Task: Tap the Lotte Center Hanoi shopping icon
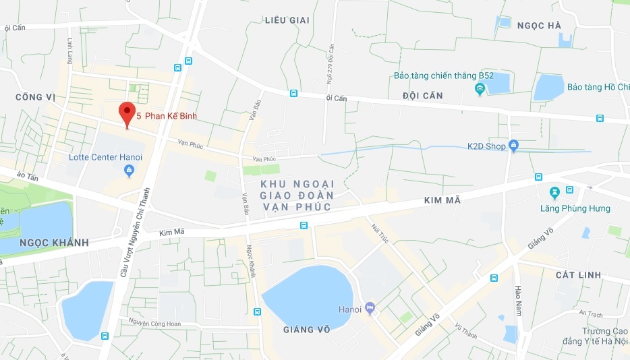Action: [129, 171]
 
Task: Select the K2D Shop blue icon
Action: [513, 145]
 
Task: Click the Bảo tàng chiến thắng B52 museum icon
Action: [480, 88]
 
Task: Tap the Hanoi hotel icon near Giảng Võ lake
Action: [370, 309]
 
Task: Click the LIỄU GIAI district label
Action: [287, 20]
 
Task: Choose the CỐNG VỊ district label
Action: [34, 98]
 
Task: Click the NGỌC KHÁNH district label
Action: [45, 243]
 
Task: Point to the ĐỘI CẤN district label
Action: [422, 96]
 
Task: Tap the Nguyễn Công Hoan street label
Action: [157, 324]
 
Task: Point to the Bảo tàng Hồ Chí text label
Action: [598, 87]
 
